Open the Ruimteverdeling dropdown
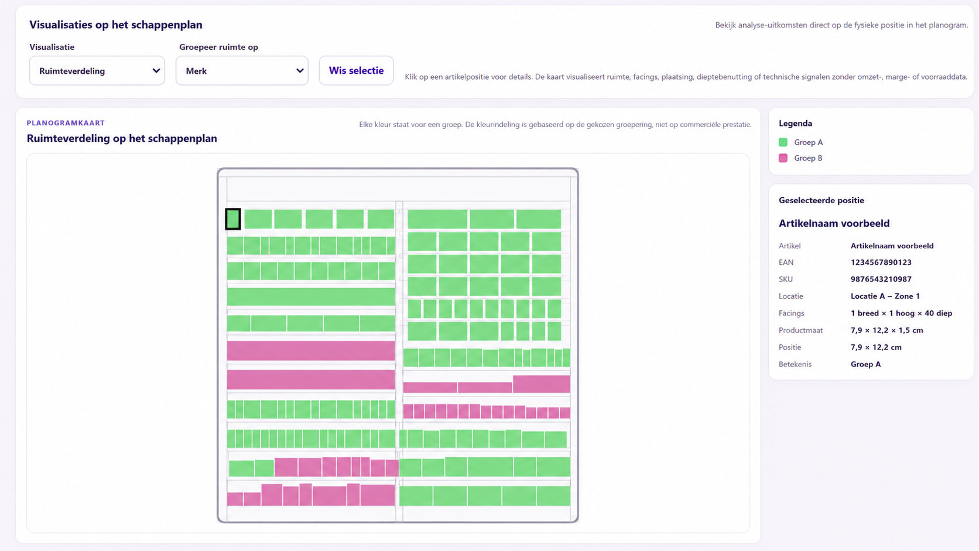point(97,70)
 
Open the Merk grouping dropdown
point(242,70)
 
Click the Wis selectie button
point(356,70)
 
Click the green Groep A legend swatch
point(783,142)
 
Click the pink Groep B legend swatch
point(783,158)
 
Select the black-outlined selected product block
point(233,219)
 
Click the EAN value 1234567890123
point(881,262)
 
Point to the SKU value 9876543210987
point(881,279)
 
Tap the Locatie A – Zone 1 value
point(885,296)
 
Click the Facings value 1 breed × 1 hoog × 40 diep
point(901,313)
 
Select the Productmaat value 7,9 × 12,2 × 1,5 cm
point(887,330)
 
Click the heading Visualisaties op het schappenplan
point(116,25)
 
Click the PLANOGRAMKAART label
point(66,123)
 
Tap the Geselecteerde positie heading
point(821,200)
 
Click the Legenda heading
point(795,123)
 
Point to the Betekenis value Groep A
point(865,364)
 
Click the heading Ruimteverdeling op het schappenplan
point(122,139)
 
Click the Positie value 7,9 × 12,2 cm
point(876,347)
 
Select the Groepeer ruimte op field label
point(218,47)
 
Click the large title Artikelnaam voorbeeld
point(834,223)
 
